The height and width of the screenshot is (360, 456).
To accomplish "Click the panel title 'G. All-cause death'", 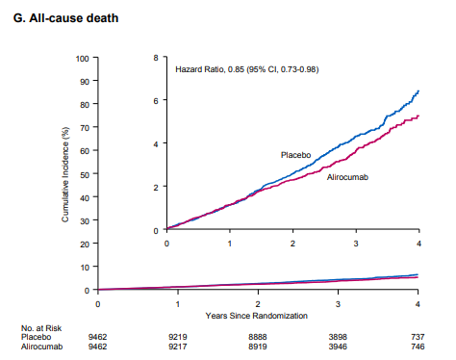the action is coord(65,18).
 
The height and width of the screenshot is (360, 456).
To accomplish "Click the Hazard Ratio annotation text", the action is coord(247,69).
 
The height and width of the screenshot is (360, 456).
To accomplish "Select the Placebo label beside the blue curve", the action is coord(295,155).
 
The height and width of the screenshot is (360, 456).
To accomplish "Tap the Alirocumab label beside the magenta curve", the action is coord(347,177).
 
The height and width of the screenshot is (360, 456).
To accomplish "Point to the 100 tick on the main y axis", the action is coord(82,59).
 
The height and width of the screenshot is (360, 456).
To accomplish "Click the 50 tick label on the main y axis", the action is coord(85,175).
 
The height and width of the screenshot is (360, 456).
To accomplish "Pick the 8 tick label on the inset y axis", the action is coord(156,58).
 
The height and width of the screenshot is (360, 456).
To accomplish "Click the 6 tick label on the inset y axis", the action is coord(156,101).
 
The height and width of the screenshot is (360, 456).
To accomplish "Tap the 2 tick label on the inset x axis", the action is coord(292,244).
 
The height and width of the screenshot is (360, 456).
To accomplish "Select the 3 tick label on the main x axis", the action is coord(338,304).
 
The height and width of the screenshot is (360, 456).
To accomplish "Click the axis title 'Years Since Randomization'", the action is coord(257,316).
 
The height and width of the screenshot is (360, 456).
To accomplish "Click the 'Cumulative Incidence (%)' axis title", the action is coord(65,174).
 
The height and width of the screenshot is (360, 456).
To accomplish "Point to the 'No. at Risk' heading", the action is coord(41,328).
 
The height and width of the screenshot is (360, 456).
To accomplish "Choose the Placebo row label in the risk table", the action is coord(36,337).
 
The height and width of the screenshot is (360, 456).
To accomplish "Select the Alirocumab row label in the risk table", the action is coord(42,347).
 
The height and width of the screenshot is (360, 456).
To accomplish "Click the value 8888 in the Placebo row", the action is coord(258,337).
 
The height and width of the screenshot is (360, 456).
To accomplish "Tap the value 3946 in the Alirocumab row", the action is coord(338,347).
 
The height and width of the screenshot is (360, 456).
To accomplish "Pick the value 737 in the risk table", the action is coord(418,337).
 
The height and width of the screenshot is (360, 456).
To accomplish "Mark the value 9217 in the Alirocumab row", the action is coord(178,347).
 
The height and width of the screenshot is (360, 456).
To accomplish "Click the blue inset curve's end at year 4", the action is coord(418,91).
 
